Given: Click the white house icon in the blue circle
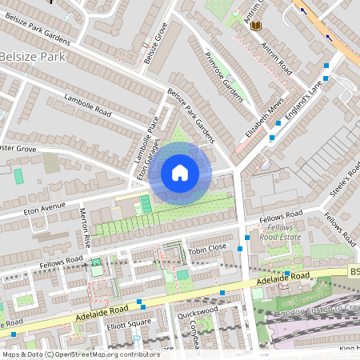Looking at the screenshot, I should click(180, 173).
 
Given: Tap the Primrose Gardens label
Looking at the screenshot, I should click(222, 79).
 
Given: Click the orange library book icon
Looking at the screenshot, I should click(256, 26).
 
